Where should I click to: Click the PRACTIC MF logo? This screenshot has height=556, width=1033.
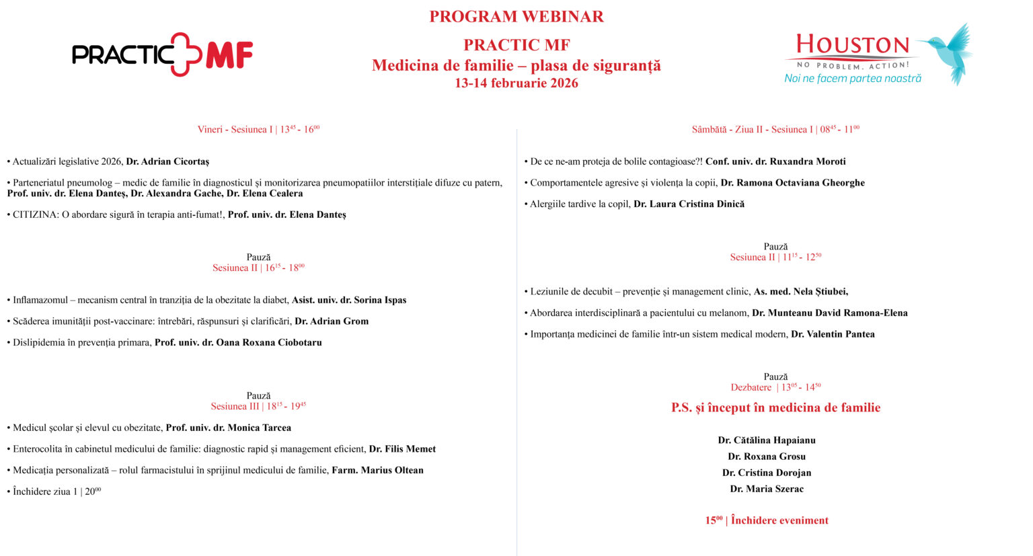click(162, 54)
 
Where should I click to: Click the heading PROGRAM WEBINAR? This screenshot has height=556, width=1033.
click(516, 17)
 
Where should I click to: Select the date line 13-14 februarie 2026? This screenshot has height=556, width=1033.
click(516, 83)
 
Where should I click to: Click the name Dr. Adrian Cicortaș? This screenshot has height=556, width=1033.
click(167, 161)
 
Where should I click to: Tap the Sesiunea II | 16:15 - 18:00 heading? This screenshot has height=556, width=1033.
click(258, 268)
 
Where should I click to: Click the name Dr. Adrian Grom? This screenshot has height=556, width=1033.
click(332, 321)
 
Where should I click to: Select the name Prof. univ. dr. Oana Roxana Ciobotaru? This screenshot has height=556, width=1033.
click(238, 342)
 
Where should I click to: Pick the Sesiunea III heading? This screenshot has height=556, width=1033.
click(258, 406)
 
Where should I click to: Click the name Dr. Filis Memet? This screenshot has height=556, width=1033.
click(402, 449)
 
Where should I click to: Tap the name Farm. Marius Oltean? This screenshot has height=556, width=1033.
click(377, 470)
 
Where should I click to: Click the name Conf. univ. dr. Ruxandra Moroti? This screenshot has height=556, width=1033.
click(775, 161)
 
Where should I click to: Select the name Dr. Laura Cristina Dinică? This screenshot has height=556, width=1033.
click(689, 204)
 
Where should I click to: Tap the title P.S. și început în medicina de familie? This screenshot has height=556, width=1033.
click(775, 407)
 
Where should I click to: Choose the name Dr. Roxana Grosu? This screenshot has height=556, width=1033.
click(767, 456)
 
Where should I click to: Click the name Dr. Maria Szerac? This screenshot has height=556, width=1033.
click(767, 489)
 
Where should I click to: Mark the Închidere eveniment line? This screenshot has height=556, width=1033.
click(767, 520)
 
